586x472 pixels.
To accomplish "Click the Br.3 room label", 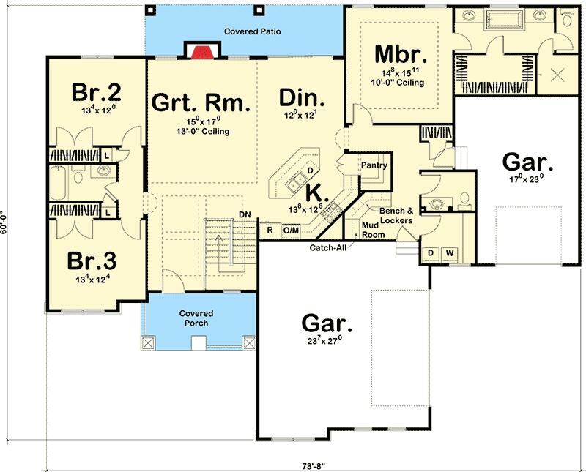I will click(92, 261).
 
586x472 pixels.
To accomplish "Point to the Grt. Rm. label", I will click(201, 102).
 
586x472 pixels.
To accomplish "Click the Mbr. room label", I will click(400, 54).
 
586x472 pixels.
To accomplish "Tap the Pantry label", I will click(374, 166).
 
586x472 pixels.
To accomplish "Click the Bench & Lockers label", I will click(396, 215).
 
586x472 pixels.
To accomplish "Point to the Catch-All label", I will click(328, 247).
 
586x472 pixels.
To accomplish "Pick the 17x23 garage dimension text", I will click(527, 178).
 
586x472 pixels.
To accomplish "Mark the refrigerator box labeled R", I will click(270, 231).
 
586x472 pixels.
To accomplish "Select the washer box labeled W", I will click(449, 252).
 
